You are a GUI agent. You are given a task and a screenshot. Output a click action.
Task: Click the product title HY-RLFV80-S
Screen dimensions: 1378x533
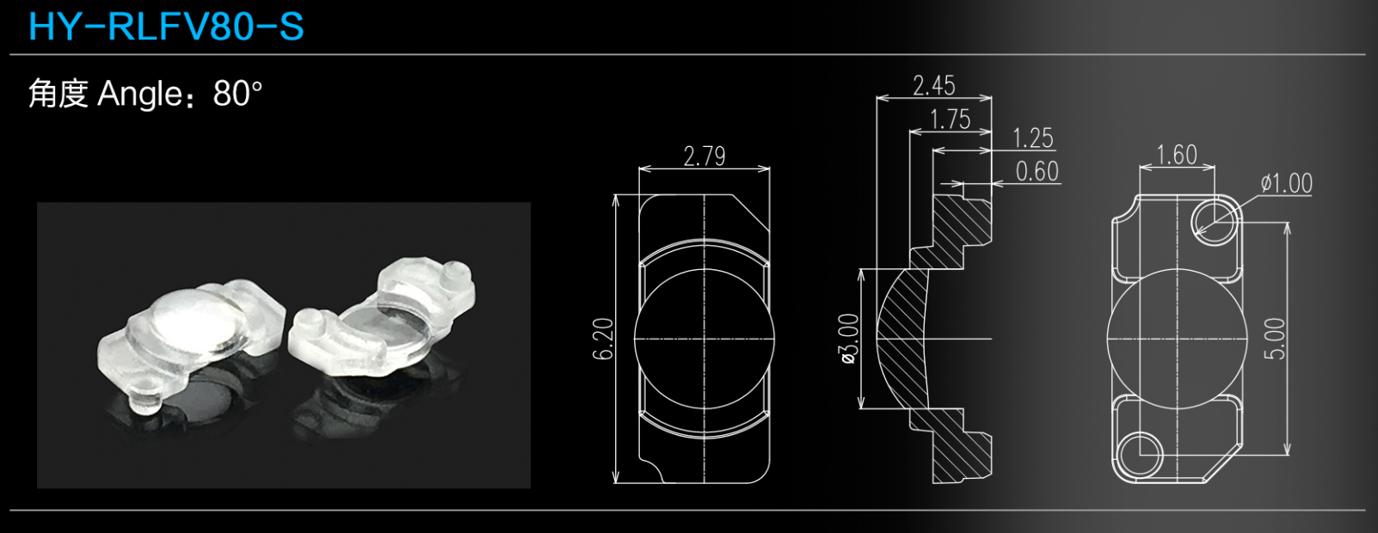click(x=166, y=27)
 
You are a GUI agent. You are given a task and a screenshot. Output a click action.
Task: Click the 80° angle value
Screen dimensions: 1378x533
click(x=238, y=94)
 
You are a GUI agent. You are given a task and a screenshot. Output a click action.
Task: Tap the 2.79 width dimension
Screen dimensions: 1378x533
click(x=704, y=156)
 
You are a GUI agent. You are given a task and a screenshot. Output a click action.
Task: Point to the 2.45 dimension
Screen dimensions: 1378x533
click(x=934, y=85)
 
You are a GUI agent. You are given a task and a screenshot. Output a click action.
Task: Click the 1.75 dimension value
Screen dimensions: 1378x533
click(x=950, y=119)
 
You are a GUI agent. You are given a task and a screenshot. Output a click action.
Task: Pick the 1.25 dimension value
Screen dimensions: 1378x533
click(x=1033, y=138)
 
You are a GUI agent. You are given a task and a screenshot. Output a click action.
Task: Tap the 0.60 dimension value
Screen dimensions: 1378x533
click(x=1037, y=172)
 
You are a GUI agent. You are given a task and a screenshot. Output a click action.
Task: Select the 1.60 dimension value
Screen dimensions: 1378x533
click(x=1177, y=155)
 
